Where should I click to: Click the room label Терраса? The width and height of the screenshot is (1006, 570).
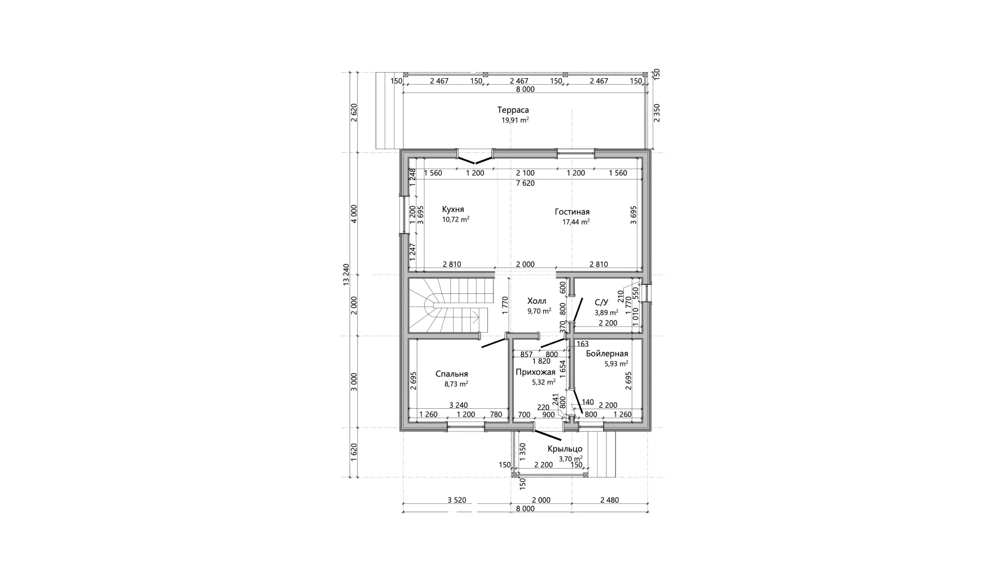513,110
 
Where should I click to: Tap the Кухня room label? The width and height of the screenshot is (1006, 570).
453,209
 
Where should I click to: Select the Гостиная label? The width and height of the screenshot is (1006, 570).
572,212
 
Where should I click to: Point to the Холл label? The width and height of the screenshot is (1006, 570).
537,301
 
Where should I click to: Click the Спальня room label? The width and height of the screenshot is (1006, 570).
452,374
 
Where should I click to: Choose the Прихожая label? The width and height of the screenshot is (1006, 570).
535,372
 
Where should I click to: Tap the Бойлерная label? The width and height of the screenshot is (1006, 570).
607,353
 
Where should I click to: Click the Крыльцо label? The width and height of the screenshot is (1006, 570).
565,449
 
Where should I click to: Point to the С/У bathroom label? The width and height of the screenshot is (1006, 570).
601,302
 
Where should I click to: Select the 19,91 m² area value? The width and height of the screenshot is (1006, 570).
515,120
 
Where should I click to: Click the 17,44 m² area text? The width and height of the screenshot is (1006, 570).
576,222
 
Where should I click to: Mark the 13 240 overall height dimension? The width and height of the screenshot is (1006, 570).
346,275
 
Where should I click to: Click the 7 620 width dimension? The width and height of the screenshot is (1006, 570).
525,183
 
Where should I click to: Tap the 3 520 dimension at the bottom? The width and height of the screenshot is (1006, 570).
457,500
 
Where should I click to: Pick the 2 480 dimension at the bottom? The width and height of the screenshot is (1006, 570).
610,500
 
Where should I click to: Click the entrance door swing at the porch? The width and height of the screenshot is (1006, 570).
548,435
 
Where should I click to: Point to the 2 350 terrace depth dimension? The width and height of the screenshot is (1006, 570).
656,112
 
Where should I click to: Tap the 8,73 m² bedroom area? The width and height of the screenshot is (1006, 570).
456,383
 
